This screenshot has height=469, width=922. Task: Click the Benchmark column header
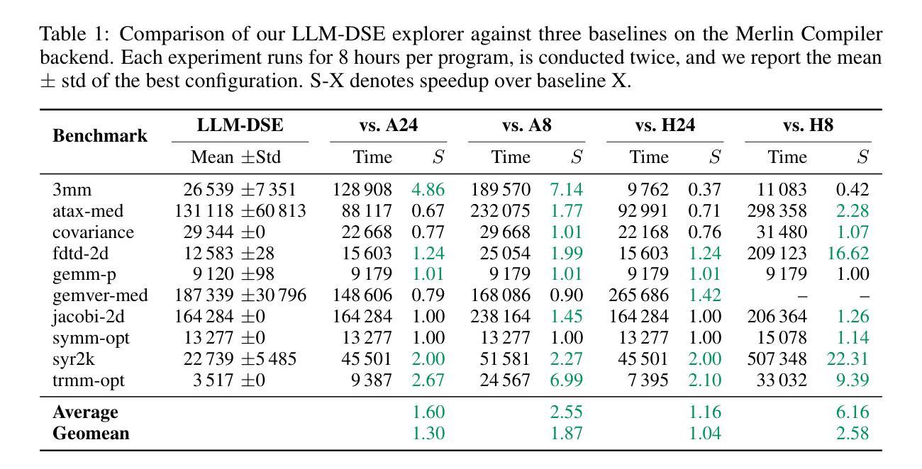100,135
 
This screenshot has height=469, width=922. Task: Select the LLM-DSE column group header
240,125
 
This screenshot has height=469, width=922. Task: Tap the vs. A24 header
388,125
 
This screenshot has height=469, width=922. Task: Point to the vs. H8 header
808,125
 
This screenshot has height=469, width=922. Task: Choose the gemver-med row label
100,295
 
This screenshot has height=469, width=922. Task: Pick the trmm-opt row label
88,380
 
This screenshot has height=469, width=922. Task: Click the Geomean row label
91,433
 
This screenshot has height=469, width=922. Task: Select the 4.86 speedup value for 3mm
428,189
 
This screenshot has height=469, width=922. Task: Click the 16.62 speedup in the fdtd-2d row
848,253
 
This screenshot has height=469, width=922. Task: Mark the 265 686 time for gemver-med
638,295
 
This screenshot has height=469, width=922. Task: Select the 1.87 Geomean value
566,433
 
